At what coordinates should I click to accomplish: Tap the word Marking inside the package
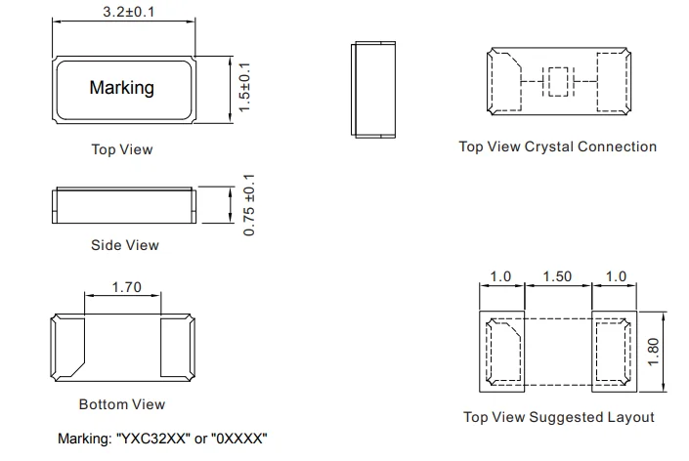(121, 87)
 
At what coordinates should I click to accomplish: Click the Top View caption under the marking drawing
(122, 149)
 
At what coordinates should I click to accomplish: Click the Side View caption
(125, 244)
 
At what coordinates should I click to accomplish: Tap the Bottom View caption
(122, 403)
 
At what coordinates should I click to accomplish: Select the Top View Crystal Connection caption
(557, 147)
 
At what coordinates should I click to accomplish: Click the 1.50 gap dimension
(557, 277)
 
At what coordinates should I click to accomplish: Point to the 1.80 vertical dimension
(656, 349)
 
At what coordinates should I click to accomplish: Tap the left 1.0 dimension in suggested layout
(500, 277)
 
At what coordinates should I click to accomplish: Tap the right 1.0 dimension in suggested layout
(616, 277)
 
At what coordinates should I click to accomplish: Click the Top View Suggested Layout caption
(558, 417)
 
